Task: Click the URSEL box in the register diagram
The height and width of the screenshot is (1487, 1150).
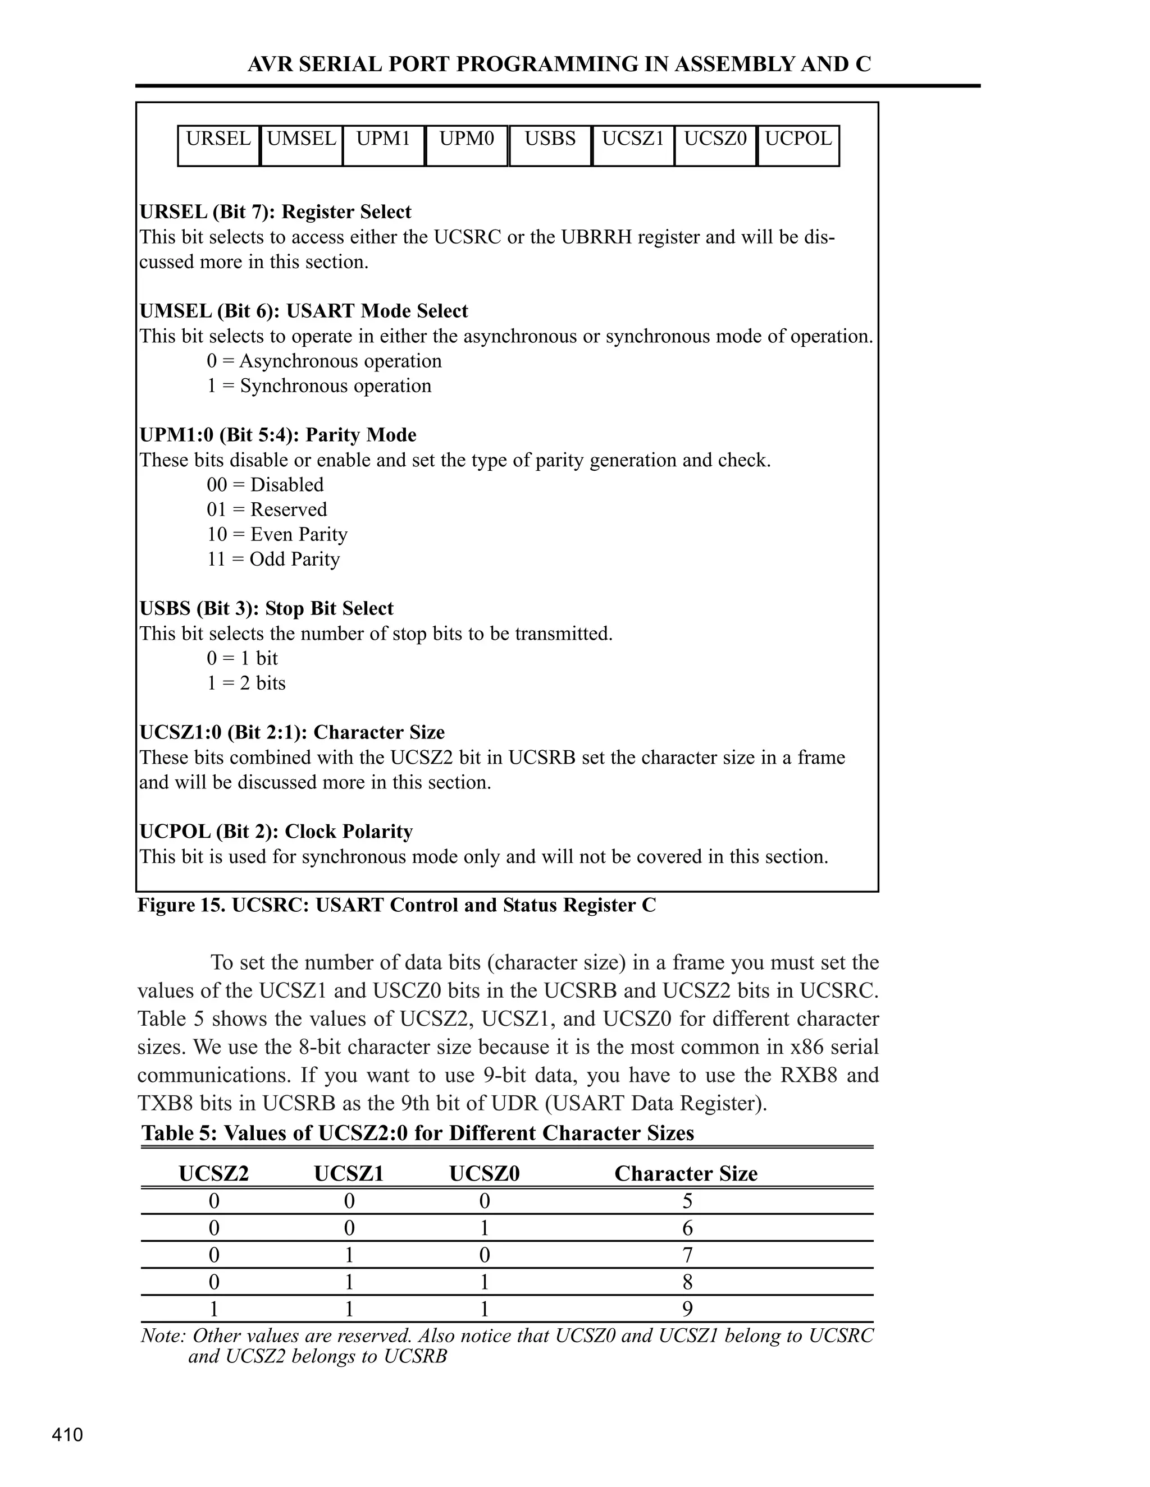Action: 218,145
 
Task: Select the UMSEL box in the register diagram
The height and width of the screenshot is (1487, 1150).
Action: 301,145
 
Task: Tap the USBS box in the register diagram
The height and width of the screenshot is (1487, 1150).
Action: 550,145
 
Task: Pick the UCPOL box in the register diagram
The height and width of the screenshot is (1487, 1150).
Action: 798,145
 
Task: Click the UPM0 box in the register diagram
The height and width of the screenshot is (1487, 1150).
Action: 467,145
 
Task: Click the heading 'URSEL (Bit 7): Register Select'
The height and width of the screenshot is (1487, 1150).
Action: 275,212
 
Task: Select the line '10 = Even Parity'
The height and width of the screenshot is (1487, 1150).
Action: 277,534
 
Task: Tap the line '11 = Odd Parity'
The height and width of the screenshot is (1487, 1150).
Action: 273,559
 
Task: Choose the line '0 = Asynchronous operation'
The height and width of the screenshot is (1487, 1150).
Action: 325,361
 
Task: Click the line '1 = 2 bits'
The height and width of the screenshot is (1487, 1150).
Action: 246,683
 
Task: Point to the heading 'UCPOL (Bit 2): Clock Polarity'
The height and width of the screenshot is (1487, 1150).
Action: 276,832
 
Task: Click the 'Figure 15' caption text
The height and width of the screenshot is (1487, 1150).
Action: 396,905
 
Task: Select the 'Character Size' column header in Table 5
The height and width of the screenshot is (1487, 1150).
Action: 686,1173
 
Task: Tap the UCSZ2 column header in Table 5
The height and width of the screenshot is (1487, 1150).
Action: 214,1173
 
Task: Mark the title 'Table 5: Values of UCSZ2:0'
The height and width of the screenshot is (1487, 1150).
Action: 417,1132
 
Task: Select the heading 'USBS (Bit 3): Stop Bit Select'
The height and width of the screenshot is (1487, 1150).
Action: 266,608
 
